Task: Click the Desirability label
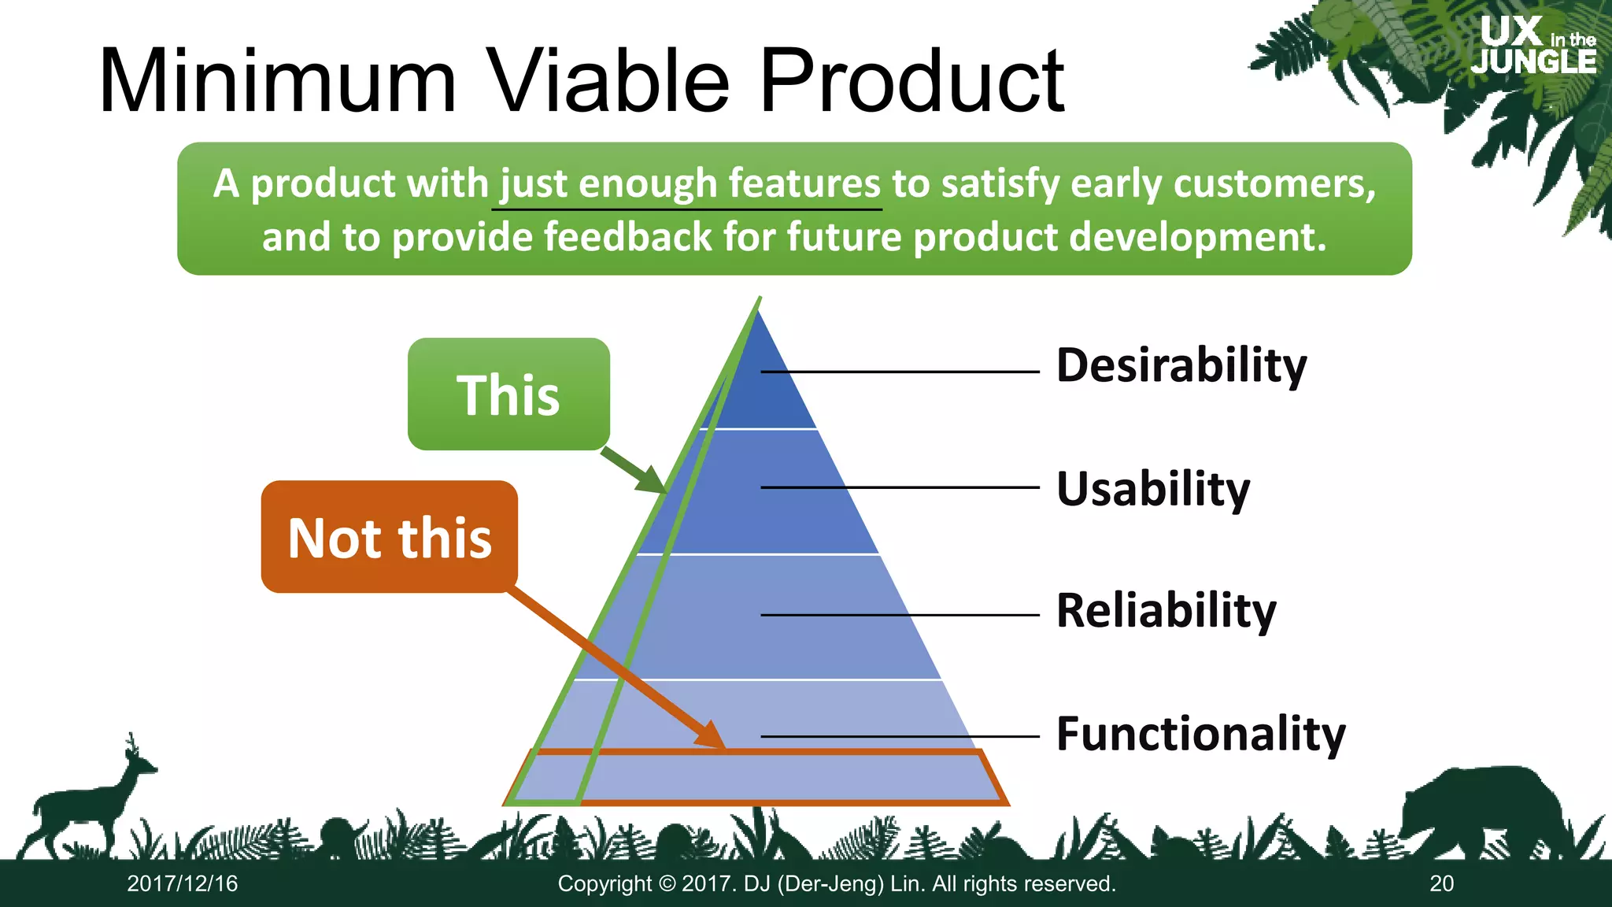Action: coord(1181,365)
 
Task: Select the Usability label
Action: coord(1152,489)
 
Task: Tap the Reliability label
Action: coord(1166,611)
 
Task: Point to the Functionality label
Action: coord(1200,734)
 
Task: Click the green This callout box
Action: coord(508,394)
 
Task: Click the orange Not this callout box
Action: coord(390,537)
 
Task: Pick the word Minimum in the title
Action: coord(277,82)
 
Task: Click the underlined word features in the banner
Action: coord(804,183)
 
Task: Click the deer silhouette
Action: coord(87,803)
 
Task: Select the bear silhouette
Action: coord(1480,811)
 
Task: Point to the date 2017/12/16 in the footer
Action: coord(183,883)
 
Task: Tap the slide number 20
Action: coord(1441,883)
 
